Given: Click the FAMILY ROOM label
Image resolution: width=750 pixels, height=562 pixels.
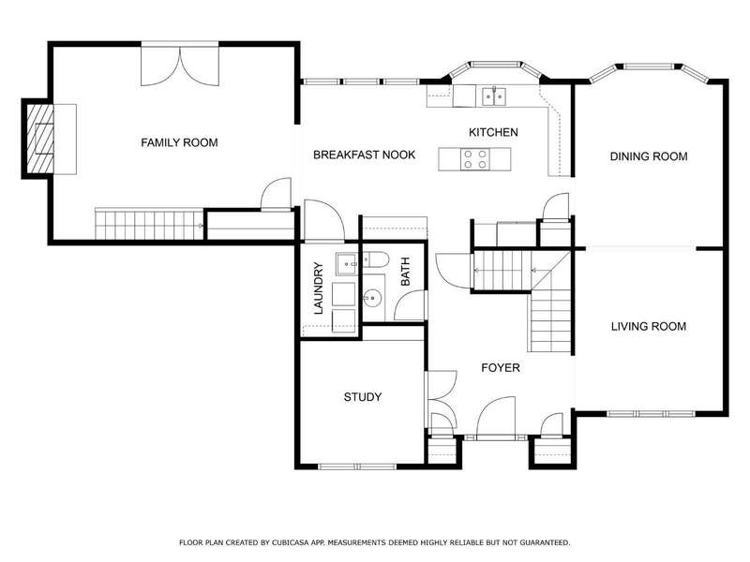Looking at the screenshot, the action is click(179, 142).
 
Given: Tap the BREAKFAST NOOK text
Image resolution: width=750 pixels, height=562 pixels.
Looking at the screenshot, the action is click(364, 155).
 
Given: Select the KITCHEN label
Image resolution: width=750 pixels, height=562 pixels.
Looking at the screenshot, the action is click(493, 132).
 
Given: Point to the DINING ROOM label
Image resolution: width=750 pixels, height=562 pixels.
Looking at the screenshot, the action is click(649, 156).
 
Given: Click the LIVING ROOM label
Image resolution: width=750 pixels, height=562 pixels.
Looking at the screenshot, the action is click(649, 326).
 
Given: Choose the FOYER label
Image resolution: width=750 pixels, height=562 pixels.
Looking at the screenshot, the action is click(501, 368).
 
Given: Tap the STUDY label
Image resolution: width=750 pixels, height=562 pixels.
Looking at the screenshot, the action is click(363, 397).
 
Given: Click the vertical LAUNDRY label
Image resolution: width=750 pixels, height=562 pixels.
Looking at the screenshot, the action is click(319, 288).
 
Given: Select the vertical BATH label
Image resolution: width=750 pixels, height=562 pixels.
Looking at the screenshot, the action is click(405, 272).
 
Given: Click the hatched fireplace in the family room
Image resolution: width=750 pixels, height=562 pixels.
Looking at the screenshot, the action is click(40, 139).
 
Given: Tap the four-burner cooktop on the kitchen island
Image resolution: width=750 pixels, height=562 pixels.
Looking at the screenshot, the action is click(475, 159).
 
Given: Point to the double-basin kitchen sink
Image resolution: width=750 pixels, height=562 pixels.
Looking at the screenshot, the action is click(494, 96).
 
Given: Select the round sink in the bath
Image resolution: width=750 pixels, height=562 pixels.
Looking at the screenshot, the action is click(372, 299).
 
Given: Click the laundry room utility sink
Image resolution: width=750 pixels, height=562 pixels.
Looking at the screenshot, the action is click(346, 264).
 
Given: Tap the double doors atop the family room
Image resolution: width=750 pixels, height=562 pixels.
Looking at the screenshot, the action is click(180, 65).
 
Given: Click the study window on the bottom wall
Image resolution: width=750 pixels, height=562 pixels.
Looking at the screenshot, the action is click(357, 466).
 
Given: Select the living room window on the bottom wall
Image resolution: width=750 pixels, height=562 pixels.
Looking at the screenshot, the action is click(652, 413).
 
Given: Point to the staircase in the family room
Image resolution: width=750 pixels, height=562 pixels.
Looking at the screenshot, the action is click(150, 224).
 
